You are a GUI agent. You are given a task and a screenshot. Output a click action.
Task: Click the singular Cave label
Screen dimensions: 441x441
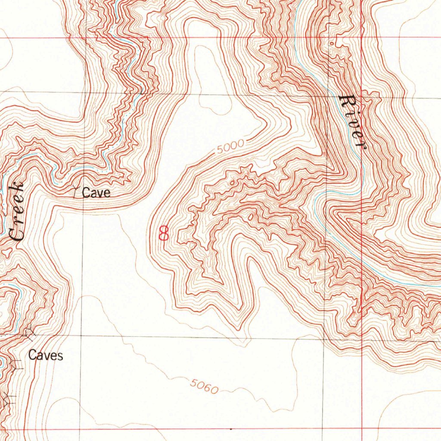96,193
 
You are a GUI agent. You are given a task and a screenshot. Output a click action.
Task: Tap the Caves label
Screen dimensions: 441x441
46,356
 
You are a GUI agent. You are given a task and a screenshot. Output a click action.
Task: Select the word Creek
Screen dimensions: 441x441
16,211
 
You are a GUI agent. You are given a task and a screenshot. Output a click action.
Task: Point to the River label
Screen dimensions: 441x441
352,122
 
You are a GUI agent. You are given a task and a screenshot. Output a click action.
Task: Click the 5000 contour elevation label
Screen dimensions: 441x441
230,147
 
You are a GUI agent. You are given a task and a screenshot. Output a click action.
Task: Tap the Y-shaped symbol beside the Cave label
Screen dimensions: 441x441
76,191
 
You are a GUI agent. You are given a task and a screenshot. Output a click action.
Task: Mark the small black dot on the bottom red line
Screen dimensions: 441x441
231,429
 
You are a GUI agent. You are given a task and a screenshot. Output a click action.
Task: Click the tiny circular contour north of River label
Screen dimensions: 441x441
331,43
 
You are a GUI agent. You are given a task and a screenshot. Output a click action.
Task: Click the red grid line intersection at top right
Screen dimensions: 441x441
362,38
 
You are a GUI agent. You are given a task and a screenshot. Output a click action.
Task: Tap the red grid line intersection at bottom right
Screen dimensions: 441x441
362,429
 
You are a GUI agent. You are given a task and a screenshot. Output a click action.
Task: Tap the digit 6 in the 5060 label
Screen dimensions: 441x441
205,387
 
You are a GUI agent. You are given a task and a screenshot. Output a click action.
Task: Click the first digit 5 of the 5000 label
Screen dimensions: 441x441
220,152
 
